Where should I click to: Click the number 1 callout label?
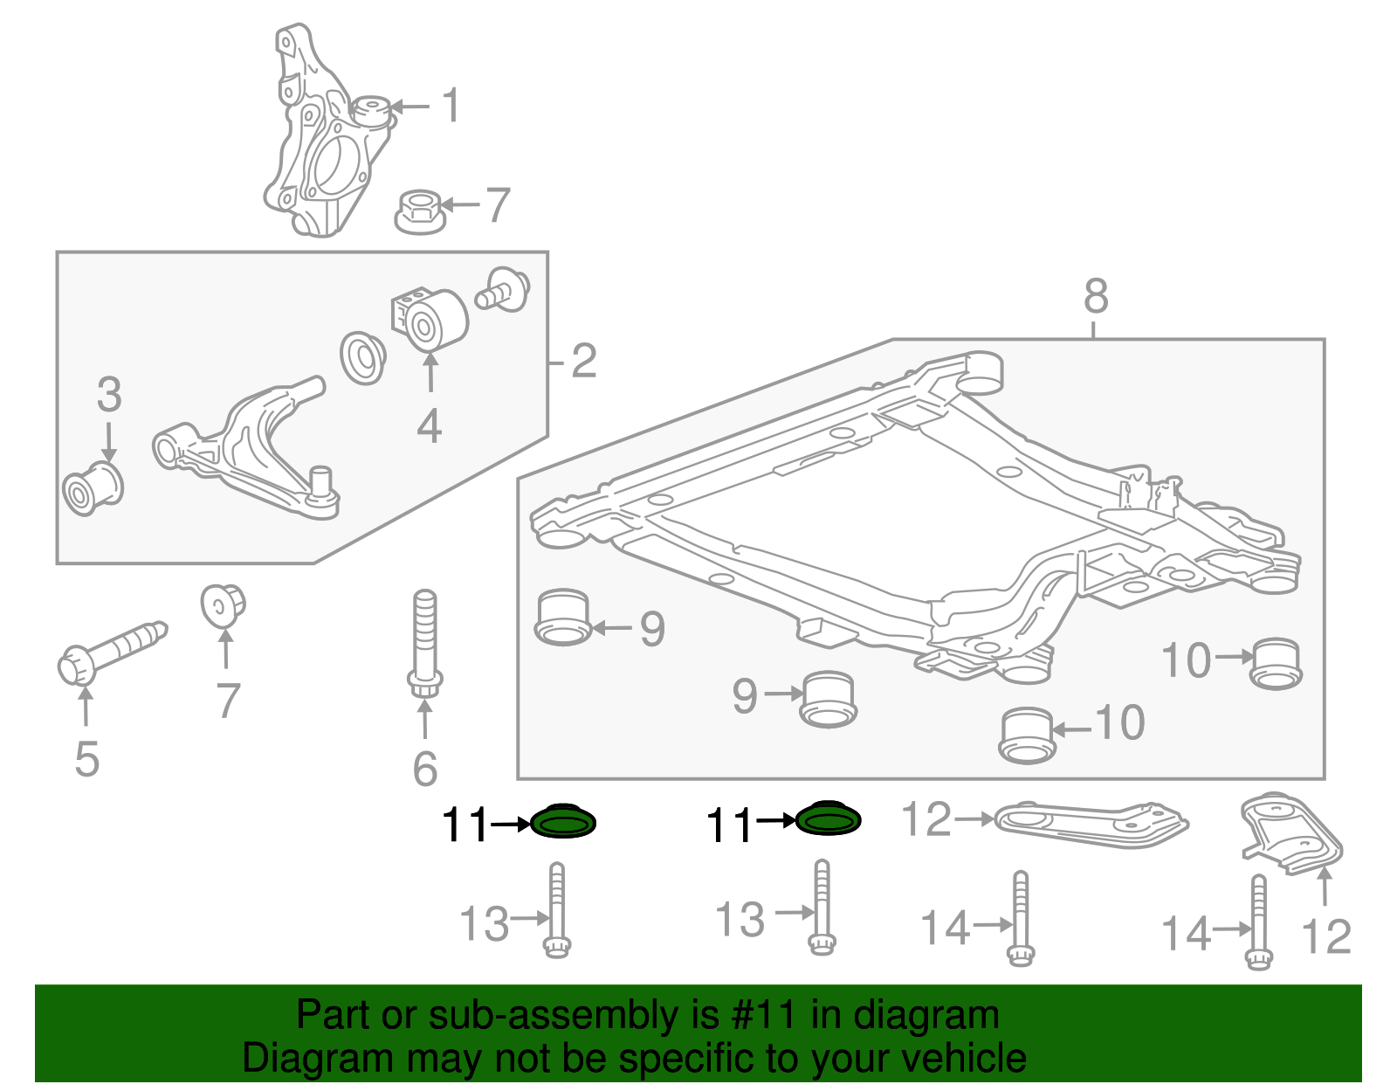click(451, 107)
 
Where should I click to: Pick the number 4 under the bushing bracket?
click(429, 426)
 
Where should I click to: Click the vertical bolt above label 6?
click(425, 642)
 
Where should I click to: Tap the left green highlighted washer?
click(563, 822)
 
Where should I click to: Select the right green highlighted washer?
click(828, 819)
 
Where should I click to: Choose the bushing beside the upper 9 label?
click(563, 618)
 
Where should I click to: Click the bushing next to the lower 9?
click(828, 699)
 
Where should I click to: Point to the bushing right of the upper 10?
click(1277, 664)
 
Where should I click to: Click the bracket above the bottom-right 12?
click(1290, 833)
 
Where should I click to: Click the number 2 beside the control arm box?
click(584, 361)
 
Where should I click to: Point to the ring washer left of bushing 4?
click(362, 356)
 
